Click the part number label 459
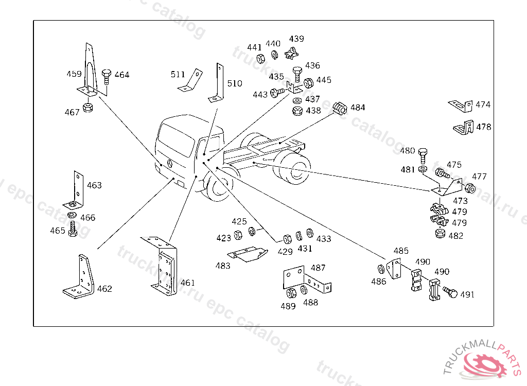click(74, 74)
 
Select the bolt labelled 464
click(106, 77)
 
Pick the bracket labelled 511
click(190, 80)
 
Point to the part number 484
click(358, 107)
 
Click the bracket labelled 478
click(464, 128)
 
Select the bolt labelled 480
click(423, 155)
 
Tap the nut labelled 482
click(440, 233)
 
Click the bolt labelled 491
click(450, 292)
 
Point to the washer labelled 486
click(381, 269)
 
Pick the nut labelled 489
click(291, 293)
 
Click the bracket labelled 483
click(248, 255)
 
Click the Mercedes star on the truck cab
click(170, 164)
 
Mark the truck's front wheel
click(218, 186)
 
